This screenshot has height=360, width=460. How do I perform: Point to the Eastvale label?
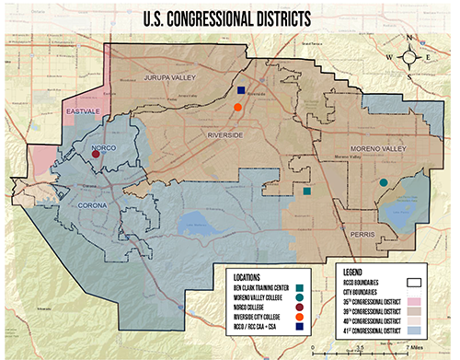(82, 113)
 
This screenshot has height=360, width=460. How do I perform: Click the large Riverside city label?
(221, 135)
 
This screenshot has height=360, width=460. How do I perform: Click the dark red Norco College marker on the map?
(96, 154)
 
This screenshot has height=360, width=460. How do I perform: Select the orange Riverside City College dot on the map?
(237, 107)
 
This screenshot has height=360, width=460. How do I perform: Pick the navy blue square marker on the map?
(240, 91)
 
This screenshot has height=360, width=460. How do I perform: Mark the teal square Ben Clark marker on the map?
(306, 192)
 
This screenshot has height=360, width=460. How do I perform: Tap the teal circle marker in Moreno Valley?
(383, 183)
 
